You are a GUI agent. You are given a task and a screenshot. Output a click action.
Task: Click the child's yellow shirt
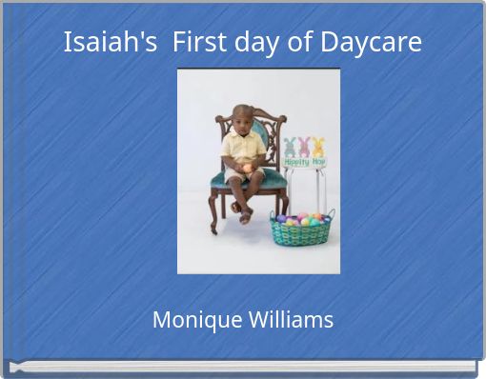click(x=243, y=147)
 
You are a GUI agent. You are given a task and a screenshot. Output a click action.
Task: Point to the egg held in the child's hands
click(x=247, y=169)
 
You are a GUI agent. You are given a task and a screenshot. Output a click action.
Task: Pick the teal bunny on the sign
click(x=290, y=148)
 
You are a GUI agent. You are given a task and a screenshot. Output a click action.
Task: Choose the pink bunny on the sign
click(x=304, y=147)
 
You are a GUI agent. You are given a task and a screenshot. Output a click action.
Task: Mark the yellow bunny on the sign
click(x=318, y=147)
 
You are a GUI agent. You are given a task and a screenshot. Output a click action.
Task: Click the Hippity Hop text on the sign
click(x=304, y=162)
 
